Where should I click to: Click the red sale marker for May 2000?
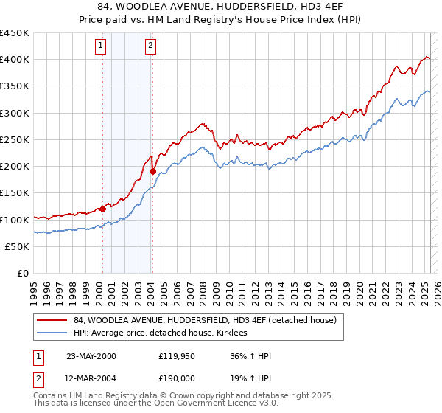pyautogui.click(x=102, y=209)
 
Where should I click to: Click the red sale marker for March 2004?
pyautogui.click(x=152, y=171)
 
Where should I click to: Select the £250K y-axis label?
pyautogui.click(x=15, y=139)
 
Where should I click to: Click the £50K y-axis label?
pyautogui.click(x=18, y=246)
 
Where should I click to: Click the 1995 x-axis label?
pyautogui.click(x=34, y=287)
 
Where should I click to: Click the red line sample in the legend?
pyautogui.click(x=52, y=320)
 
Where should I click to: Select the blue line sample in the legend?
pyautogui.click(x=52, y=333)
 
